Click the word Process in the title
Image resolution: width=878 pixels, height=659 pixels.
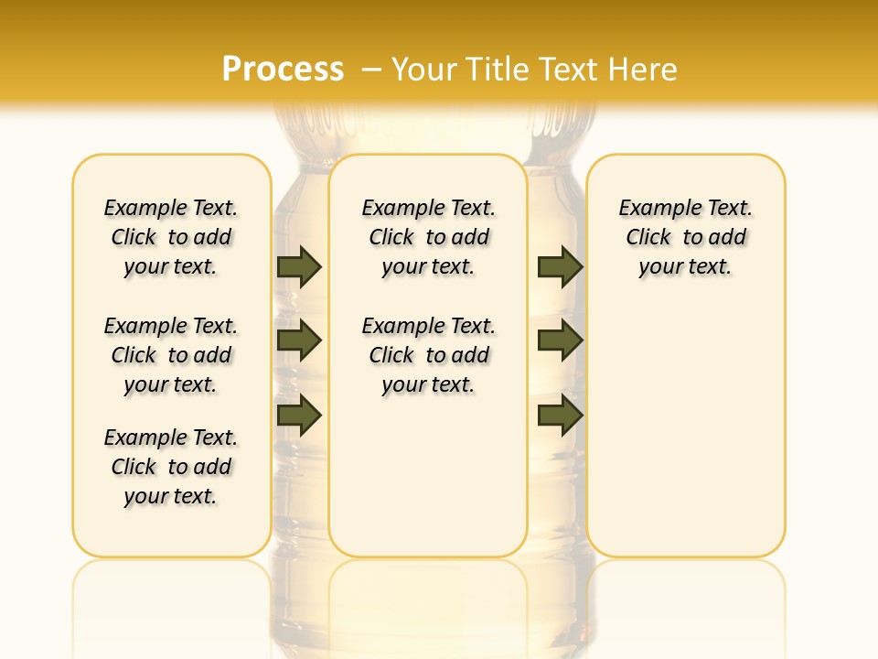click(283, 70)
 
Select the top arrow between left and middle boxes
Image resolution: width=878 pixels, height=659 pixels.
click(299, 266)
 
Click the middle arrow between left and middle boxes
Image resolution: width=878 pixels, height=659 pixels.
click(299, 340)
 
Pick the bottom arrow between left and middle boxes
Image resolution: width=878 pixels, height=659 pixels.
click(299, 416)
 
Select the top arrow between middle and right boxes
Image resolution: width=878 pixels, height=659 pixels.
click(560, 266)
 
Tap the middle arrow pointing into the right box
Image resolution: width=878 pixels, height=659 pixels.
click(560, 340)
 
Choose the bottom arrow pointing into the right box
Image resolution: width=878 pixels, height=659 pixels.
click(560, 416)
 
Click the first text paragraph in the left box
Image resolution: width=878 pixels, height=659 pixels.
click(171, 237)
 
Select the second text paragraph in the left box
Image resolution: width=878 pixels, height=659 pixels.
click(171, 355)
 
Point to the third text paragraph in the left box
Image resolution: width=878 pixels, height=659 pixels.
click(171, 467)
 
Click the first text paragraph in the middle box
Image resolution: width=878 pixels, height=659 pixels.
click(428, 237)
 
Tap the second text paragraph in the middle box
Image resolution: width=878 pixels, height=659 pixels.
click(428, 355)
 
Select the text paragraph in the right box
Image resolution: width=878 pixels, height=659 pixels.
click(685, 237)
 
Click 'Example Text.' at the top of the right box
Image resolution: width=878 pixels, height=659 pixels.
click(685, 209)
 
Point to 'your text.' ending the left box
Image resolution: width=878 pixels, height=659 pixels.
click(171, 496)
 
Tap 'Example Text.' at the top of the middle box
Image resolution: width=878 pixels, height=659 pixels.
click(428, 209)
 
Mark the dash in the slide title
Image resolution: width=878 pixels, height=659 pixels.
click(372, 70)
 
